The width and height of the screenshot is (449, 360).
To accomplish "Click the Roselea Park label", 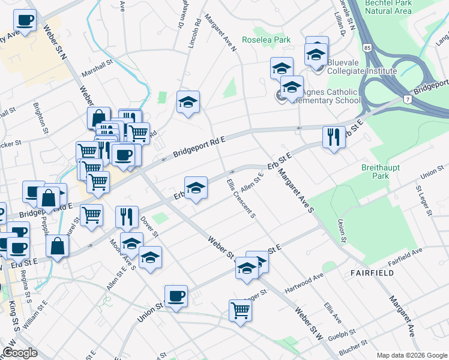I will pyautogui.click(x=266, y=40).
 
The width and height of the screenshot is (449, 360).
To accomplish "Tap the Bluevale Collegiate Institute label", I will pyautogui.click(x=361, y=71).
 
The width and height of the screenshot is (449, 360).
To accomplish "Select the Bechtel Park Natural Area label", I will pyautogui.click(x=388, y=7).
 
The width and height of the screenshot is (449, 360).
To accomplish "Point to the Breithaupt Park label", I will pyautogui.click(x=376, y=172).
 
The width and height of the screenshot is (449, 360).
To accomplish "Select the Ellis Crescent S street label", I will pyautogui.click(x=241, y=197).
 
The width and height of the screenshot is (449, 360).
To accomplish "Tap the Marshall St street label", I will pyautogui.click(x=98, y=68).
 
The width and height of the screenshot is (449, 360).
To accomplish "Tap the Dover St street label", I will pyautogui.click(x=151, y=226).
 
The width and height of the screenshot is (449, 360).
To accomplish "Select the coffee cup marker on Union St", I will pyautogui.click(x=176, y=296).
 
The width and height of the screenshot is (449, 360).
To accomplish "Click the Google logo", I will pyautogui.click(x=20, y=353).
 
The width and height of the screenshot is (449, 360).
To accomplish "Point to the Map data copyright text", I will pyautogui.click(x=412, y=355).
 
